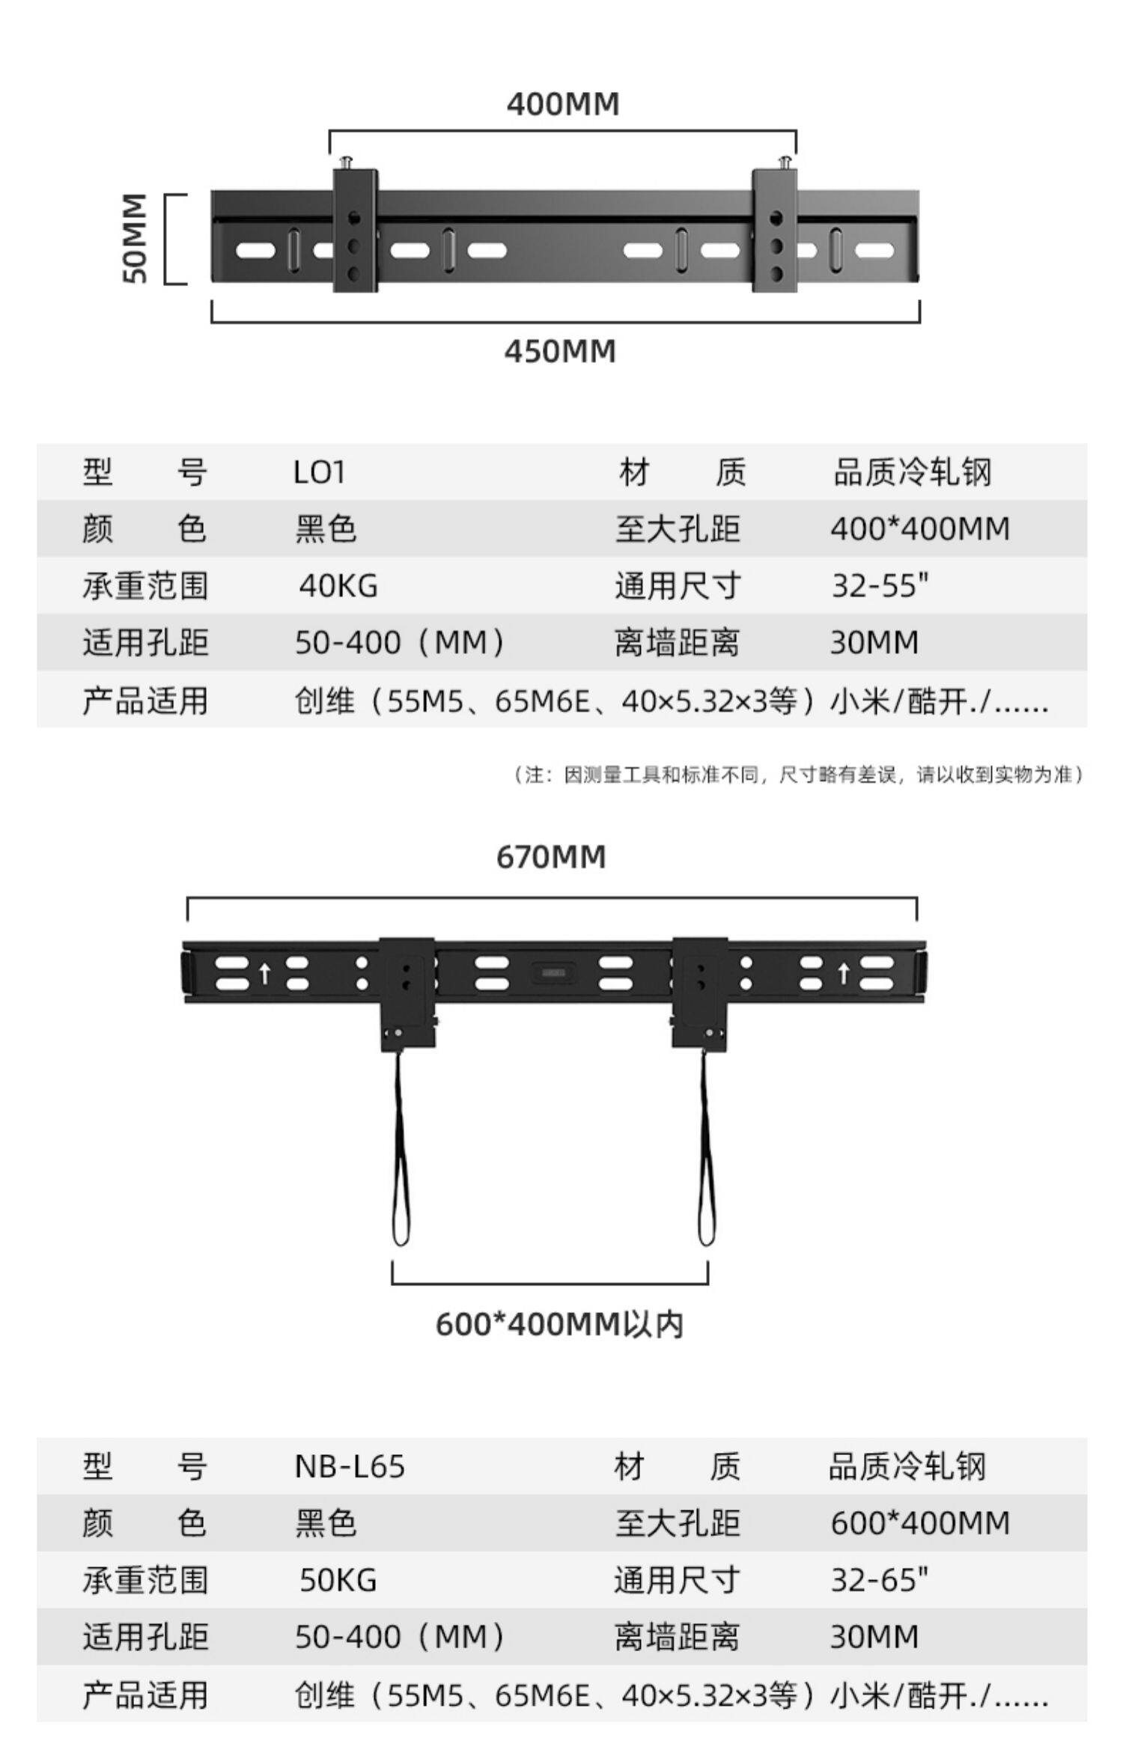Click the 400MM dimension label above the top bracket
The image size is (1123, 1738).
[x=563, y=103]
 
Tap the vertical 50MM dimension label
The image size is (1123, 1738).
[x=135, y=238]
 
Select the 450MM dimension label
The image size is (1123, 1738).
[x=560, y=351]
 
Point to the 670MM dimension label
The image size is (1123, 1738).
[x=551, y=856]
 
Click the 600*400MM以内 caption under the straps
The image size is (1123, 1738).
[x=559, y=1324]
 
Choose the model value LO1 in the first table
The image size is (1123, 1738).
[x=319, y=472]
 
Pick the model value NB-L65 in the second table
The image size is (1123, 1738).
[x=349, y=1466]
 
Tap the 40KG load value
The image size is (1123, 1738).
[x=338, y=585]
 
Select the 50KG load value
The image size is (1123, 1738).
[x=338, y=1579]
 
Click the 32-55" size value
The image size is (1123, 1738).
[x=880, y=585]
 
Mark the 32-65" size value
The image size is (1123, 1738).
[x=880, y=1579]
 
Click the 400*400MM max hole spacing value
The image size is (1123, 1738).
[x=920, y=529]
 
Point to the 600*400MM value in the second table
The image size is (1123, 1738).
[x=920, y=1523]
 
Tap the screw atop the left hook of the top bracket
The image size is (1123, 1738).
[x=347, y=161]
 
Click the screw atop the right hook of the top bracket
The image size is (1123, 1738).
[x=785, y=161]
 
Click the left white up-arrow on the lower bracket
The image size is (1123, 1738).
[x=264, y=974]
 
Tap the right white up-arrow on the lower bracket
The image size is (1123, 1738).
[x=844, y=974]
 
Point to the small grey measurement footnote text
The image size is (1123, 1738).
[x=798, y=774]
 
